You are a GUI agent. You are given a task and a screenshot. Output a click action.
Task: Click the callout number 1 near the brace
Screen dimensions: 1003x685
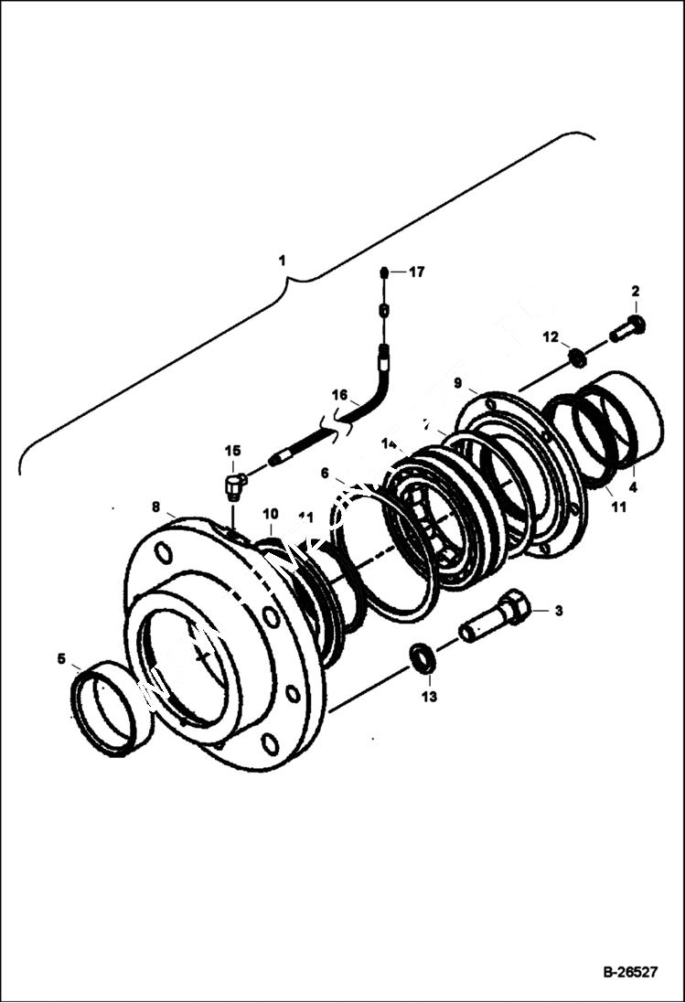[283, 261]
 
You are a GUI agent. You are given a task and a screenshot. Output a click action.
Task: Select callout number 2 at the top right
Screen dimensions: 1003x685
[635, 292]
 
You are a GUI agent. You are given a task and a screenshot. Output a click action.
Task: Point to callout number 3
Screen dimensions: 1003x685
[558, 611]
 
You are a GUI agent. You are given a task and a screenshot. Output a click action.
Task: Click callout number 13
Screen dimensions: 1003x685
[429, 697]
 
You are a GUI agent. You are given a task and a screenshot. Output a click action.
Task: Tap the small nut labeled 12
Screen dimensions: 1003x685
[577, 357]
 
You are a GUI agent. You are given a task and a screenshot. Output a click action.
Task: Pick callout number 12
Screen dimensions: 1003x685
[550, 337]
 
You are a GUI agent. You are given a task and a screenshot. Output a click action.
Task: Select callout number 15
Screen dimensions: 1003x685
[233, 451]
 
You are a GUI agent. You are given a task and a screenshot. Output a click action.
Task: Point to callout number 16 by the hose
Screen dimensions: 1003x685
[339, 395]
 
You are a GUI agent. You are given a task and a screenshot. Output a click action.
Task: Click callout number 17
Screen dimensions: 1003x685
[417, 272]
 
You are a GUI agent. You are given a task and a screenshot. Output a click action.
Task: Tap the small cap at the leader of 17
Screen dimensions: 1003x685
[385, 272]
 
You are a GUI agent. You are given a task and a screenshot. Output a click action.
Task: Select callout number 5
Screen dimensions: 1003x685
[61, 658]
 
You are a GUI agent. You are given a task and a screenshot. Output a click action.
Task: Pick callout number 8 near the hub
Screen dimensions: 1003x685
[155, 506]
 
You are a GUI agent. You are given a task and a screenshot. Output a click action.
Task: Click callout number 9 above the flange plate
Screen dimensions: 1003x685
[458, 381]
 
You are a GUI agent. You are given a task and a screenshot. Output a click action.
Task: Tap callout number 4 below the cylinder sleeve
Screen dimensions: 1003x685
[633, 487]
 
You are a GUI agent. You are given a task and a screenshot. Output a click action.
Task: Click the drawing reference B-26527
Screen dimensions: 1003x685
[629, 973]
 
